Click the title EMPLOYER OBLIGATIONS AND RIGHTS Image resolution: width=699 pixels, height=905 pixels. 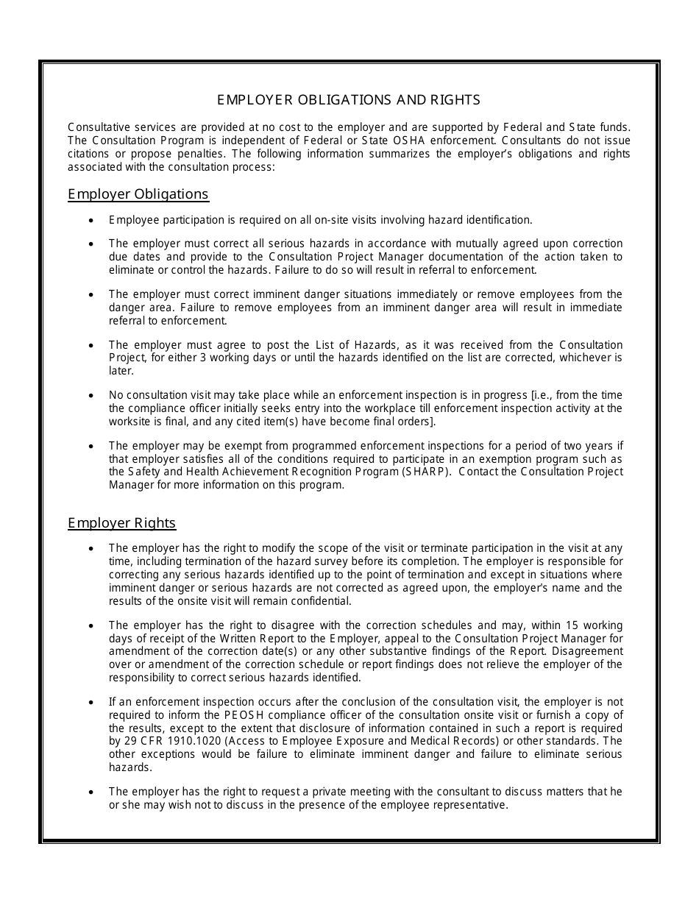[349, 99]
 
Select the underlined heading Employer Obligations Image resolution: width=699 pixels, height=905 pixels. [138, 194]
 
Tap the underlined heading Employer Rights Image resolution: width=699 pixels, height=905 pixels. [121, 523]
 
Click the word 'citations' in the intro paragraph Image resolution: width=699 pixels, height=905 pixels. [89, 154]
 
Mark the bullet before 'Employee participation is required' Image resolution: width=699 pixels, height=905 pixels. [91, 220]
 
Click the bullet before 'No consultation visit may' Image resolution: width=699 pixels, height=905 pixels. [91, 395]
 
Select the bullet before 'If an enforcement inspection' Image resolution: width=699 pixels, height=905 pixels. [91, 702]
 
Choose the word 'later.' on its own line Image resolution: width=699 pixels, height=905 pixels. [121, 372]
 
